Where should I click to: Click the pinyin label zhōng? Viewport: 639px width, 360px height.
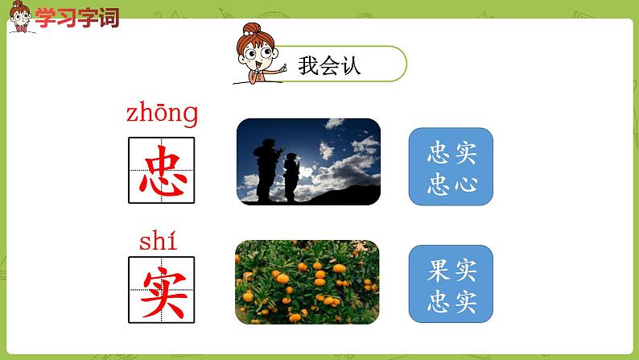[162, 114]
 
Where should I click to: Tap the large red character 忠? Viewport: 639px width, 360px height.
[162, 170]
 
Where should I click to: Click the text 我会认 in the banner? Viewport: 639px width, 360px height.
[329, 65]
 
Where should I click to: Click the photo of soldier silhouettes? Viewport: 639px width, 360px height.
[307, 161]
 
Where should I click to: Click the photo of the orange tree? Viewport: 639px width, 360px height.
[307, 281]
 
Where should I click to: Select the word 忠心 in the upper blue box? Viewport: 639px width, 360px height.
[451, 184]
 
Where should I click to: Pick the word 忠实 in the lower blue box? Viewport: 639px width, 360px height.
[451, 302]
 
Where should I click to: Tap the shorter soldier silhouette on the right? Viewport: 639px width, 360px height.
[291, 177]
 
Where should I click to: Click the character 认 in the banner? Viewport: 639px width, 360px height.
[351, 65]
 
